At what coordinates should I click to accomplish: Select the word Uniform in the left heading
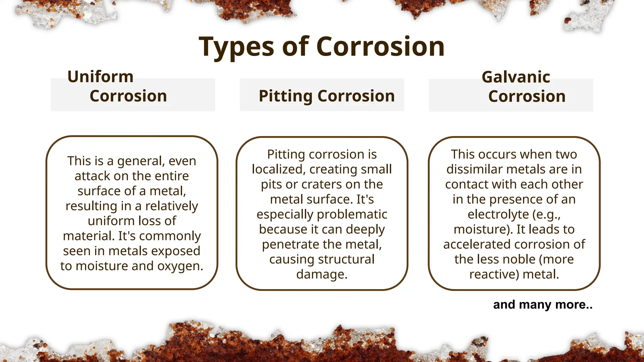(x=101, y=77)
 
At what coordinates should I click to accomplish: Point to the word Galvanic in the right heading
(x=516, y=77)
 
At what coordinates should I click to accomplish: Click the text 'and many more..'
(x=543, y=304)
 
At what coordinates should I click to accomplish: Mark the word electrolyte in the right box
(x=498, y=214)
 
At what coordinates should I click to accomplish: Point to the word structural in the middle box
(x=348, y=260)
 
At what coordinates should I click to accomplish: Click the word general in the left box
(x=141, y=161)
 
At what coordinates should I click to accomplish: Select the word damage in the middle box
(x=321, y=274)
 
